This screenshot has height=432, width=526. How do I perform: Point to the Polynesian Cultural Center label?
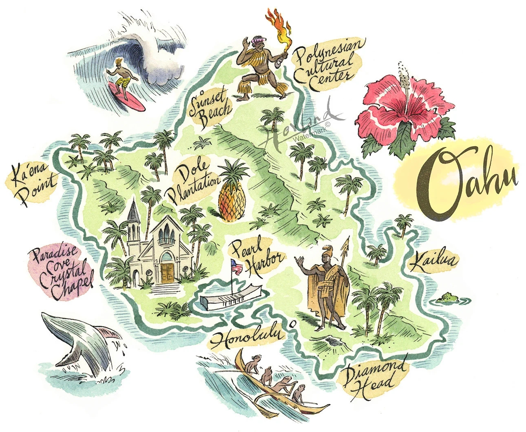click(328, 63)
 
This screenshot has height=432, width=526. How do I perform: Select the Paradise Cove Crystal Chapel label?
click(61, 268)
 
